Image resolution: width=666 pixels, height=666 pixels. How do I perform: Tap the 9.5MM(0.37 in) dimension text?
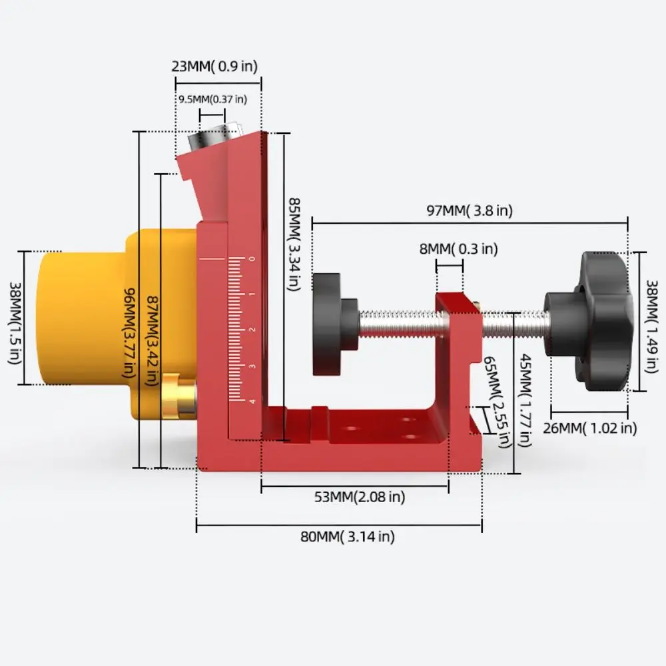pos(212,99)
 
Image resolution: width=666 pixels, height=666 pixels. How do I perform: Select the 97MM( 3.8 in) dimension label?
pos(470,210)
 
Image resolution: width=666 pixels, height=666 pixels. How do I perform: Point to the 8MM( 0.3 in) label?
pos(459,249)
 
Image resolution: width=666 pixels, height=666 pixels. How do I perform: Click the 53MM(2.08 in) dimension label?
pos(359,496)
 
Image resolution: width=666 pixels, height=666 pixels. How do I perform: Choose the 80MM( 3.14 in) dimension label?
pos(347,537)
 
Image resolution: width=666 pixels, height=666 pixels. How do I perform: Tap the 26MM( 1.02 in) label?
pos(589,428)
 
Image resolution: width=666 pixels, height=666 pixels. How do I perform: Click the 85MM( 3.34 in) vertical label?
pos(293,243)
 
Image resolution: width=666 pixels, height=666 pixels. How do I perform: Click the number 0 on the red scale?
pos(250,258)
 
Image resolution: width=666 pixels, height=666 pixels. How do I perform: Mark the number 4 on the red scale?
pos(250,401)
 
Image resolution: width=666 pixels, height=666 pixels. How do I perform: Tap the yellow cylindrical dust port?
pos(73,318)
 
